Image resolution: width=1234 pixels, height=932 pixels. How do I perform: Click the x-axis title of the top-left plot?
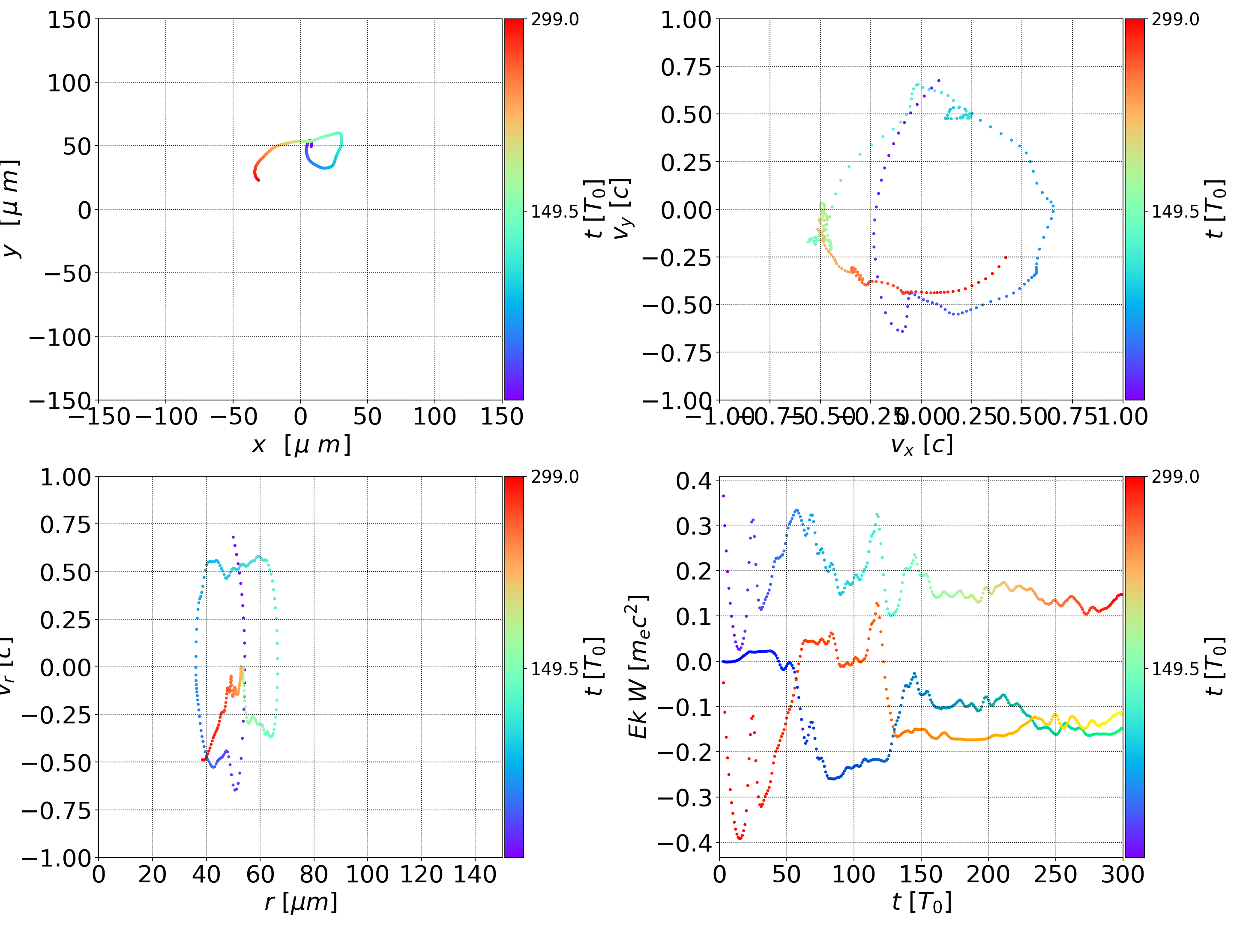click(x=301, y=445)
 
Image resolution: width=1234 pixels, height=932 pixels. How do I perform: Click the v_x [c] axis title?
click(x=921, y=445)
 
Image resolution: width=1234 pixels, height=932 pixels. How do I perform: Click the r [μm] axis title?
click(x=301, y=902)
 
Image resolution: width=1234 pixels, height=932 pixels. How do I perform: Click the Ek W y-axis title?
click(x=638, y=666)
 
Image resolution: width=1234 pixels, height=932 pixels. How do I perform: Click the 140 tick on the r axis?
click(x=475, y=874)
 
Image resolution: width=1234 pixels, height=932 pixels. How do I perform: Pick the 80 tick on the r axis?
click(x=314, y=874)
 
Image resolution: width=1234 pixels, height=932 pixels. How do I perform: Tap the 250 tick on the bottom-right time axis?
click(x=1055, y=874)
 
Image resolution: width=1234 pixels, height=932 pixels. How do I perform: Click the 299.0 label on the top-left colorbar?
click(x=554, y=20)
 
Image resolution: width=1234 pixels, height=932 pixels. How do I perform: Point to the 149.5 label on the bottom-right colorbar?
click(x=1175, y=669)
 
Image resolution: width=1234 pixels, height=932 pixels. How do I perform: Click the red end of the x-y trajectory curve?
click(x=258, y=179)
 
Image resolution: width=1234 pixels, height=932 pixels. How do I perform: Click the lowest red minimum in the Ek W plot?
click(x=740, y=838)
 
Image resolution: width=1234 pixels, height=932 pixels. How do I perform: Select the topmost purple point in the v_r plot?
click(x=233, y=537)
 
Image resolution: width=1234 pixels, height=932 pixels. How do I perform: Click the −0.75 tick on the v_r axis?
click(x=56, y=810)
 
